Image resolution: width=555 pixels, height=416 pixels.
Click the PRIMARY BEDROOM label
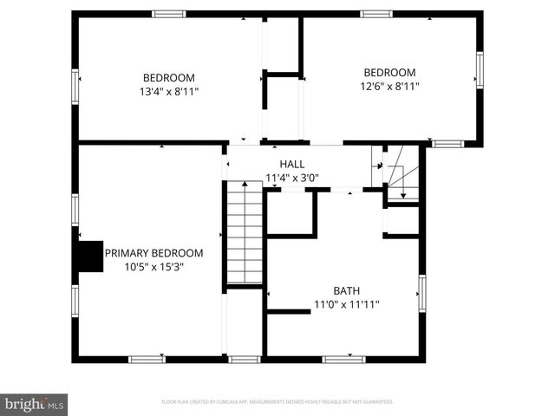(x=153, y=253)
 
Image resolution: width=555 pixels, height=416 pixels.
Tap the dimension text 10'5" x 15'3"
(x=153, y=267)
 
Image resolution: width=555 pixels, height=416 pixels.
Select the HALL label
(x=291, y=164)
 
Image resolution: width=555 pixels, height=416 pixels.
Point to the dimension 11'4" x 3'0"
(x=291, y=179)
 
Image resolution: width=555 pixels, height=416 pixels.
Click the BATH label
(x=347, y=290)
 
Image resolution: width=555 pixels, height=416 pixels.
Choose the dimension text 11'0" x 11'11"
(x=347, y=304)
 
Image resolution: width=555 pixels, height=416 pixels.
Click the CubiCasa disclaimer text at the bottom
(x=277, y=402)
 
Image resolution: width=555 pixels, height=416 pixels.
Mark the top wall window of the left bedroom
(x=169, y=14)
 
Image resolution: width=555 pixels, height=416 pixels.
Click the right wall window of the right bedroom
(x=479, y=70)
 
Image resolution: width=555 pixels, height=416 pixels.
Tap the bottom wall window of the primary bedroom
(x=147, y=359)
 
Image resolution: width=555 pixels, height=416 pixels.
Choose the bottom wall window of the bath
(x=343, y=359)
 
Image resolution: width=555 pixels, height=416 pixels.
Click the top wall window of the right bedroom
(x=376, y=14)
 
